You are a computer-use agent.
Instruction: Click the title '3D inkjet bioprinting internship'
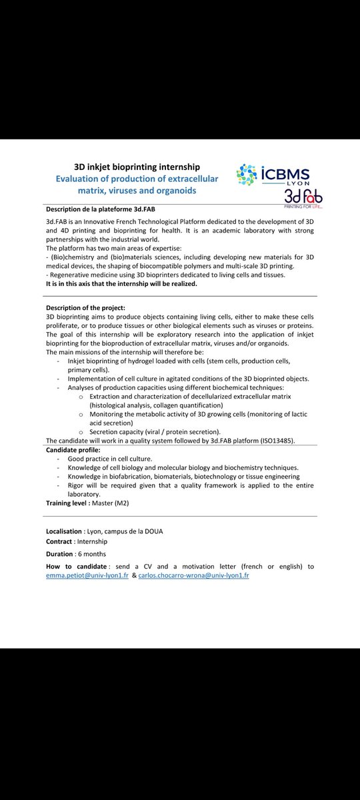point(137,167)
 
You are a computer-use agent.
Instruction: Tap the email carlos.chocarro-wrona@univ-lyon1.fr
point(193,575)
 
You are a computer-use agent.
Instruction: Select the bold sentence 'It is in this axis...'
point(122,283)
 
